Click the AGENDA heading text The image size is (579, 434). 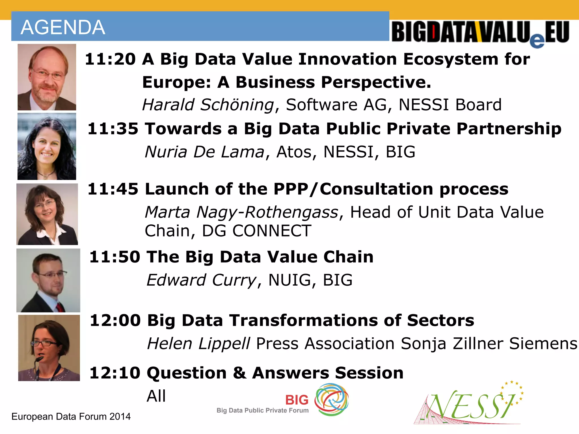click(x=63, y=27)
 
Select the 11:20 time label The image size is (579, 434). click(x=110, y=59)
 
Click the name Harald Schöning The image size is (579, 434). click(x=208, y=105)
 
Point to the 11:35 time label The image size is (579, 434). click(x=113, y=129)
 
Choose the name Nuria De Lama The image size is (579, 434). click(x=205, y=152)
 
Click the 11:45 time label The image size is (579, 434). click(x=113, y=189)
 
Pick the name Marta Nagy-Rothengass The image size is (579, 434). click(x=241, y=212)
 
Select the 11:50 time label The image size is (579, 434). click(x=114, y=257)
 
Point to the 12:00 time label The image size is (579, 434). click(x=115, y=320)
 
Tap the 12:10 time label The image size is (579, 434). click(x=115, y=373)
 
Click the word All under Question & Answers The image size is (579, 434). click(x=156, y=396)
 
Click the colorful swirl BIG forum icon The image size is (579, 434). click(x=331, y=399)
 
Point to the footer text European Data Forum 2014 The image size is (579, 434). click(x=71, y=416)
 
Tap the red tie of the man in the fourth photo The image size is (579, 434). click(x=59, y=307)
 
